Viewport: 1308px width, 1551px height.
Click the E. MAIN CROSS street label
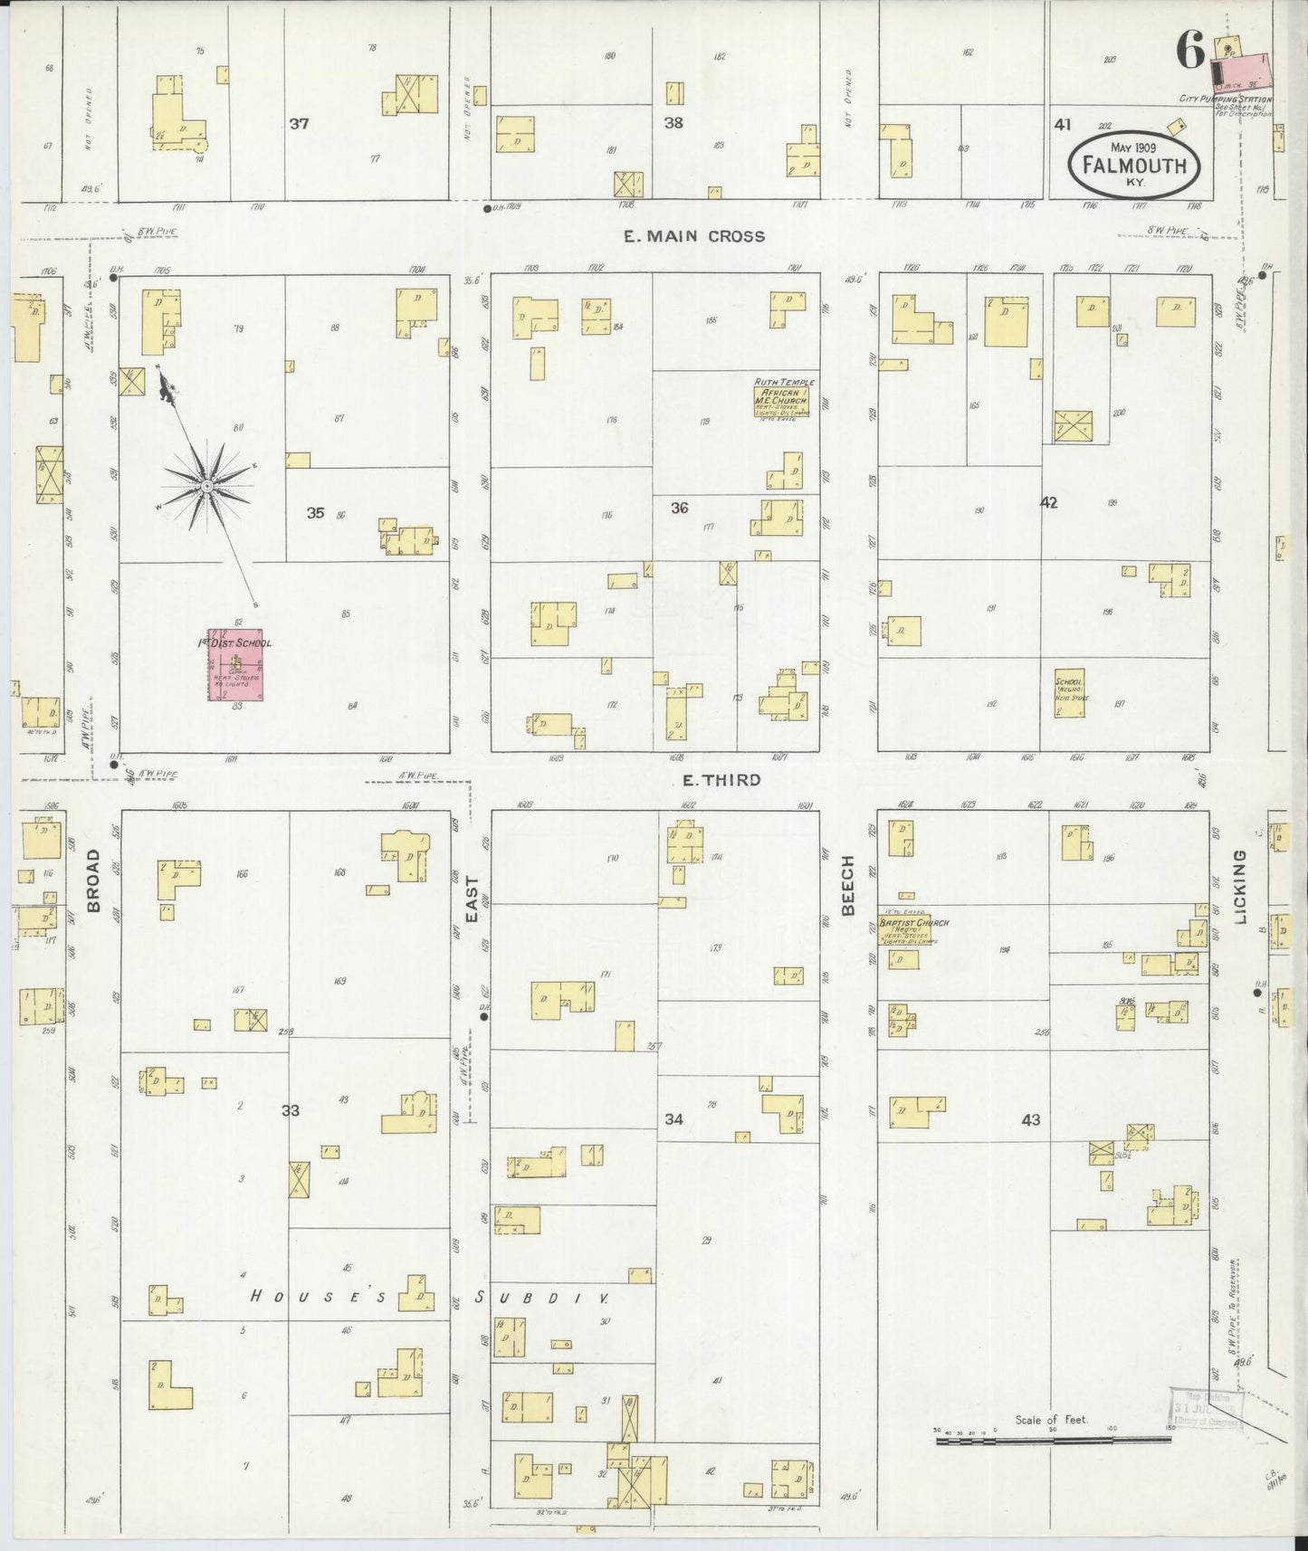tap(694, 236)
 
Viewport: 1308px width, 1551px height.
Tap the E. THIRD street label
tap(721, 780)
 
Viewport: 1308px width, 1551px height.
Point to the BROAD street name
tap(95, 880)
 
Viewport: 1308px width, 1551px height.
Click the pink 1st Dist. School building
tap(235, 666)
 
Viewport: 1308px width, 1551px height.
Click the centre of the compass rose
tap(208, 487)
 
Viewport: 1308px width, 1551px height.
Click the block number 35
tap(315, 513)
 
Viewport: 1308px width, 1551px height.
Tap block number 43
tap(1030, 1120)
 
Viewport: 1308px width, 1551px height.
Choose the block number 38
tap(673, 123)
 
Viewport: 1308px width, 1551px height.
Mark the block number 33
tap(290, 1110)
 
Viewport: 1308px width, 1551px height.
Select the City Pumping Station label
tap(1225, 100)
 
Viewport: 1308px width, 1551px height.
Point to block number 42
tap(1048, 503)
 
